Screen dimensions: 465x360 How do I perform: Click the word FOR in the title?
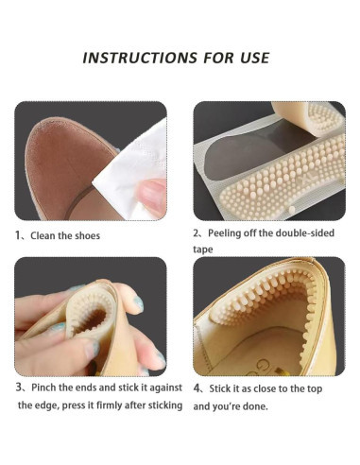[210, 57]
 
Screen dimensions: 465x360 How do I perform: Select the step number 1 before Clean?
[18, 235]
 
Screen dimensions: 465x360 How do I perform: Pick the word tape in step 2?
[204, 250]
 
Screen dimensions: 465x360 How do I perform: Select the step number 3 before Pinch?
[18, 387]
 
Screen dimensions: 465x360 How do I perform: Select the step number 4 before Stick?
[197, 387]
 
